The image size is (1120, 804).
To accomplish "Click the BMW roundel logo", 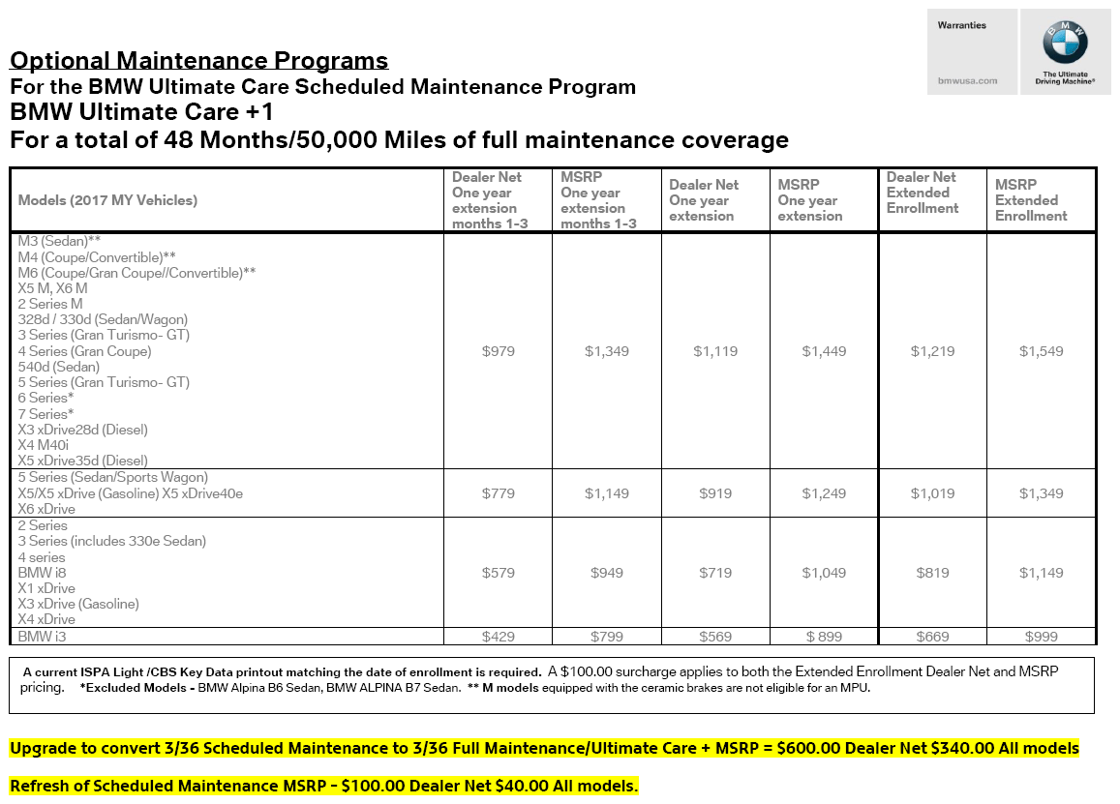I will (x=1065, y=44).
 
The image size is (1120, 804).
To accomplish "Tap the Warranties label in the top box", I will (x=961, y=25).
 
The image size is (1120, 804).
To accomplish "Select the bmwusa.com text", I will (x=967, y=80).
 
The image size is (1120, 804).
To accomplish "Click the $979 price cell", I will (x=498, y=351).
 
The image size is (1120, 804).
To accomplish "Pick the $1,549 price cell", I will (x=1041, y=351).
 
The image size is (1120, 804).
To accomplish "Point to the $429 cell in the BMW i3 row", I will (x=498, y=637).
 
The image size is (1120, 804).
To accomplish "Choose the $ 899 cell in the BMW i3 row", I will (x=824, y=637).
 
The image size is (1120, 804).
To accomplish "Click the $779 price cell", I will (x=498, y=493).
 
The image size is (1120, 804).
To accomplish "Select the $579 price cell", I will (x=498, y=573).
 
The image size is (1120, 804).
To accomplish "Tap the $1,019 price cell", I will (x=932, y=493).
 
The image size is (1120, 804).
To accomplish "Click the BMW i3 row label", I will (x=42, y=637).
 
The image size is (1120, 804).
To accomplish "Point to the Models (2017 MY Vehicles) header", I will (x=107, y=200).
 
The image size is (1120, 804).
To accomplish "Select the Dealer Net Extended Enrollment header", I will (x=923, y=193).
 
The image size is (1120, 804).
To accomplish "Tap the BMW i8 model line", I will (x=42, y=573).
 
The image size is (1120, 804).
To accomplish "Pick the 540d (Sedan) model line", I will (x=58, y=367).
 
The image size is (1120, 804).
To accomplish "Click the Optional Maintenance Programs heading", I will (x=198, y=61).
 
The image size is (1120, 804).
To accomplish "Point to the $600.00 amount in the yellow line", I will (x=809, y=749).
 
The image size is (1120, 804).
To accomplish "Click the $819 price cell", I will (x=932, y=573).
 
